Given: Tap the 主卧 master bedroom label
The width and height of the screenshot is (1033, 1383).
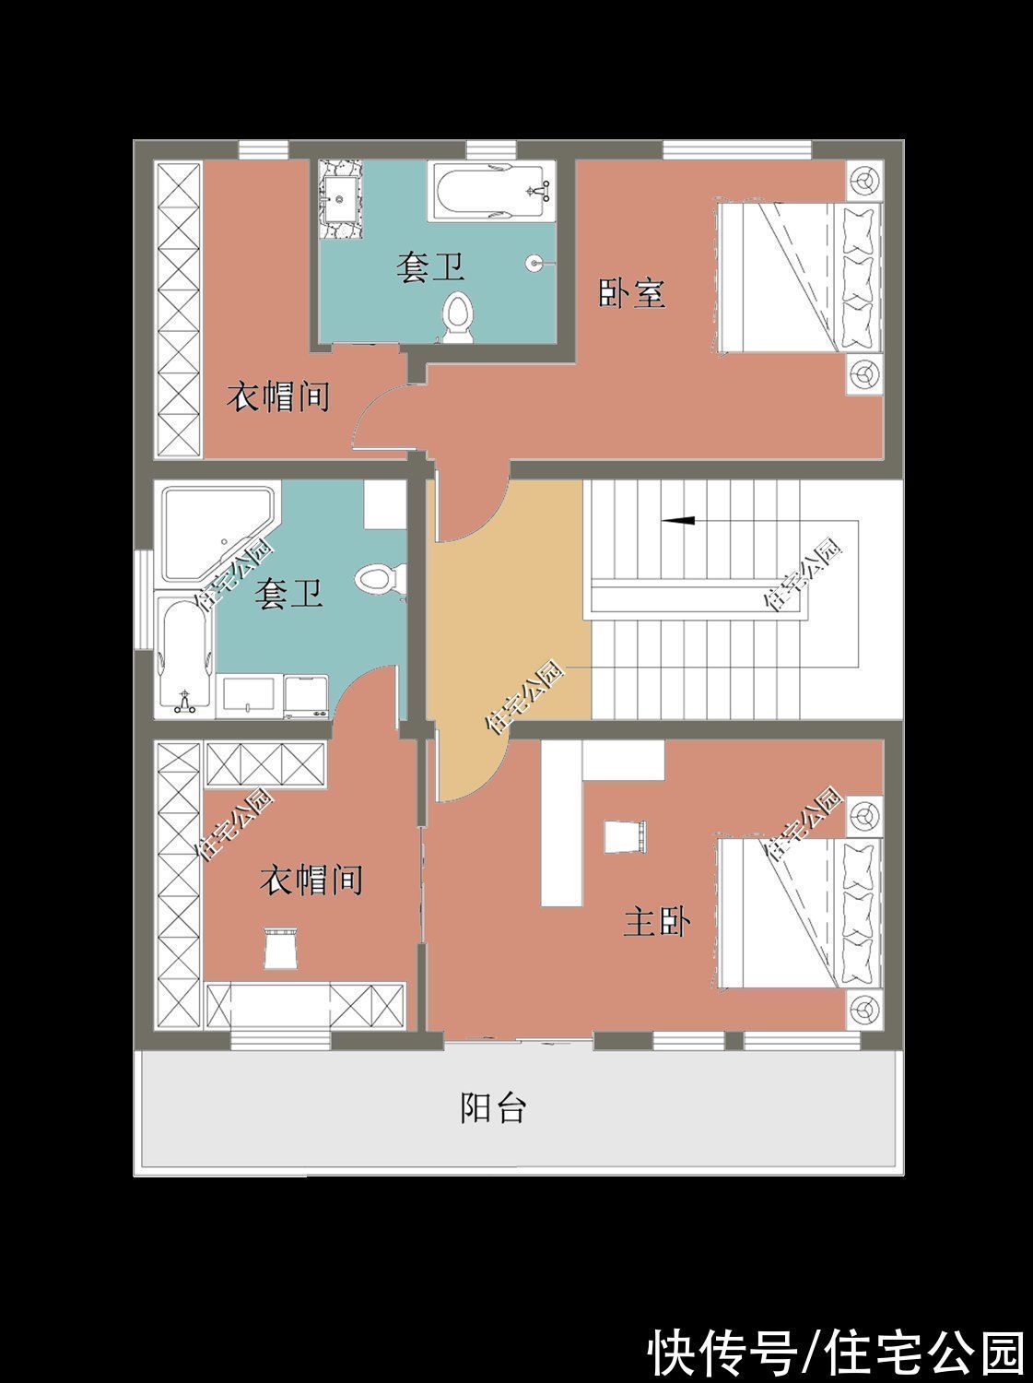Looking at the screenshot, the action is tap(657, 922).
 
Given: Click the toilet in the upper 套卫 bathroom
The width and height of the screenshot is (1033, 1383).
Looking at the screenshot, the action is tap(458, 319).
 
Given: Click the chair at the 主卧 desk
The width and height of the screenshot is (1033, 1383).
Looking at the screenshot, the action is tap(625, 837).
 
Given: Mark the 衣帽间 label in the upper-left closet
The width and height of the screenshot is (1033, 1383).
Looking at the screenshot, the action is tap(277, 397).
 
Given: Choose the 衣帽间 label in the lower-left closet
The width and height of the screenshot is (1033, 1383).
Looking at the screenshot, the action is tap(311, 880).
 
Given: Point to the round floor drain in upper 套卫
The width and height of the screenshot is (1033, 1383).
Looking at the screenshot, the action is tap(534, 262).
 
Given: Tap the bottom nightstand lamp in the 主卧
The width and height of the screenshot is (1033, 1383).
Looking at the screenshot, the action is tap(864, 1008).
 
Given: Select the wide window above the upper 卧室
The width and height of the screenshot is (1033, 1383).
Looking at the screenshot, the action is tap(737, 149).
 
